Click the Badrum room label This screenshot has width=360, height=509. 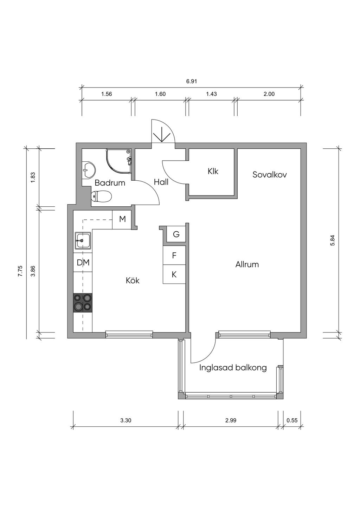(x=110, y=183)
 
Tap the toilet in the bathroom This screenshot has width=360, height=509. (x=101, y=196)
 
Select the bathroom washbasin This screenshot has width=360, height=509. (x=89, y=170)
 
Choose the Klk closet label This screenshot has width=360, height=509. (x=213, y=171)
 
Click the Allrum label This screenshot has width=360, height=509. (x=247, y=264)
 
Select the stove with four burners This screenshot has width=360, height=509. (x=83, y=303)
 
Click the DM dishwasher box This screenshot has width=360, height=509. (x=83, y=263)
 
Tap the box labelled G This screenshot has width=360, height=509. (x=176, y=234)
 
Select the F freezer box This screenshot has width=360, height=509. (x=174, y=255)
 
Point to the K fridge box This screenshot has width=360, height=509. (x=174, y=274)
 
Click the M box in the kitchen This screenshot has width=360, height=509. (x=122, y=219)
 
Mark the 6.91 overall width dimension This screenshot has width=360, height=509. (x=191, y=81)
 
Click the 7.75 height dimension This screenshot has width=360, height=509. (x=20, y=271)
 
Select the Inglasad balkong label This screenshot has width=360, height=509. (x=233, y=367)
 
